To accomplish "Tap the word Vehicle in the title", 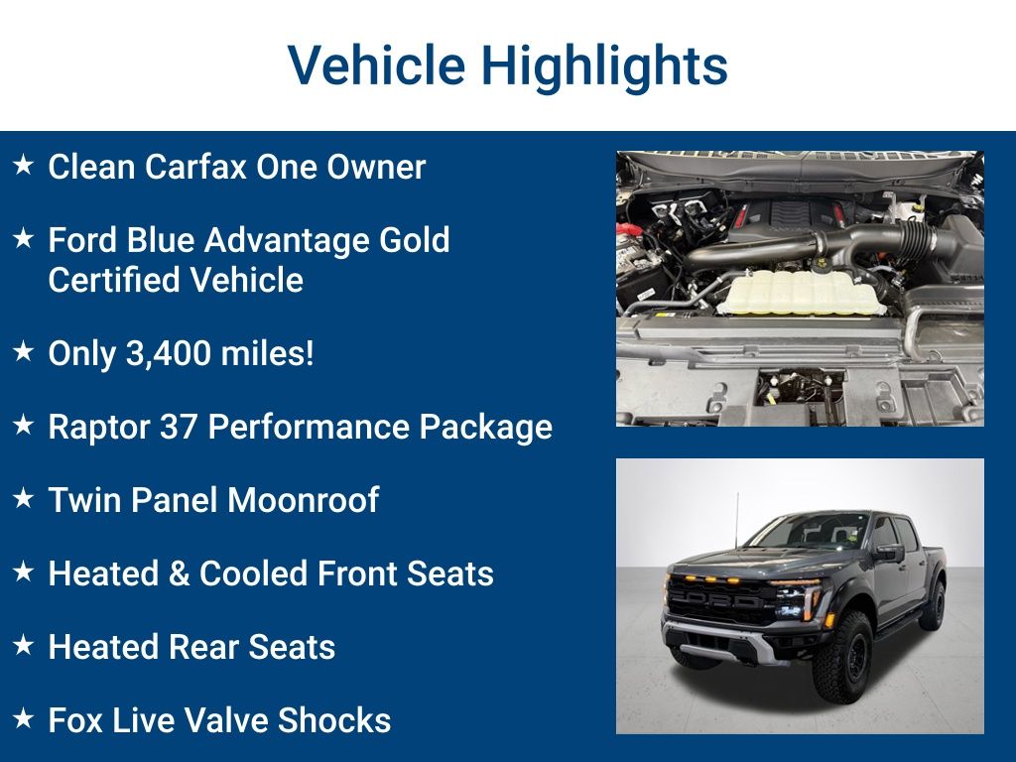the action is [x=376, y=64].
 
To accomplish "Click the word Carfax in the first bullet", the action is [x=195, y=167].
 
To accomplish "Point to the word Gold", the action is [x=414, y=240].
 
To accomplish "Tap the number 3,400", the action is [x=169, y=354].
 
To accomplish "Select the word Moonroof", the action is [x=303, y=500].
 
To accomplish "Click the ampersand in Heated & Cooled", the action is [x=179, y=574].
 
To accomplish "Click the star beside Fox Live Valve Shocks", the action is [x=24, y=718].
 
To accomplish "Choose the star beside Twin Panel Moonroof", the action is [x=24, y=498].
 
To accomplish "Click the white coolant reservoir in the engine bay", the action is [x=801, y=292].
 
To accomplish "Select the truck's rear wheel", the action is [x=934, y=605].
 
